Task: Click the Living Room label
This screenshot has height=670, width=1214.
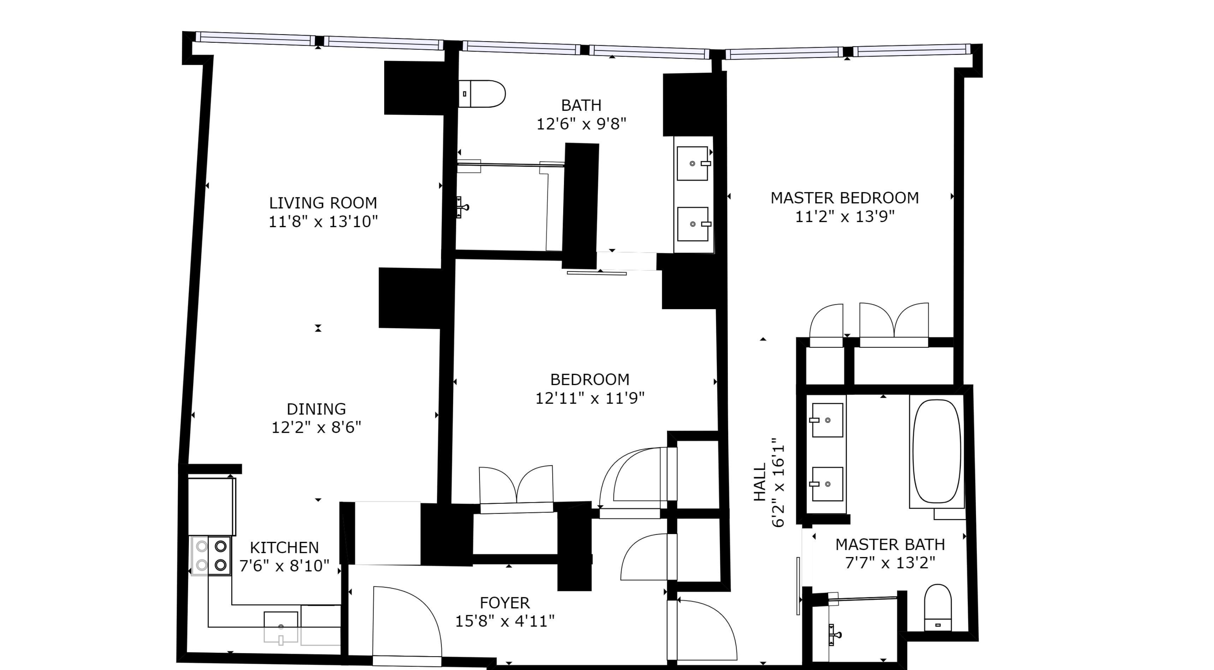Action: (323, 203)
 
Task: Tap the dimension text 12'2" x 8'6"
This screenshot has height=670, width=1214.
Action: (316, 427)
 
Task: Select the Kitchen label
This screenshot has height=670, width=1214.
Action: (284, 548)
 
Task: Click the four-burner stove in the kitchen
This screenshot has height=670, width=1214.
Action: (211, 556)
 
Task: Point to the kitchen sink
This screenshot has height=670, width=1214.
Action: (281, 627)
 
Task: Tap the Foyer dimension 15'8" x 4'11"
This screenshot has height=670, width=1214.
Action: (504, 621)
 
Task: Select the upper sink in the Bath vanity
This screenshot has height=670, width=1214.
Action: (692, 163)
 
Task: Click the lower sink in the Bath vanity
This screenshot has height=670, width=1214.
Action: (692, 224)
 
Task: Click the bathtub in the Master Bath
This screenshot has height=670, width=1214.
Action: (936, 451)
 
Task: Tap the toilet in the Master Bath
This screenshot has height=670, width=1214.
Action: (938, 608)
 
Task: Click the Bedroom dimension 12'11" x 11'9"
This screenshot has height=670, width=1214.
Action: (590, 399)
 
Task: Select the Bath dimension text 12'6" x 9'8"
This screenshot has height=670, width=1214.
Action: (581, 124)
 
